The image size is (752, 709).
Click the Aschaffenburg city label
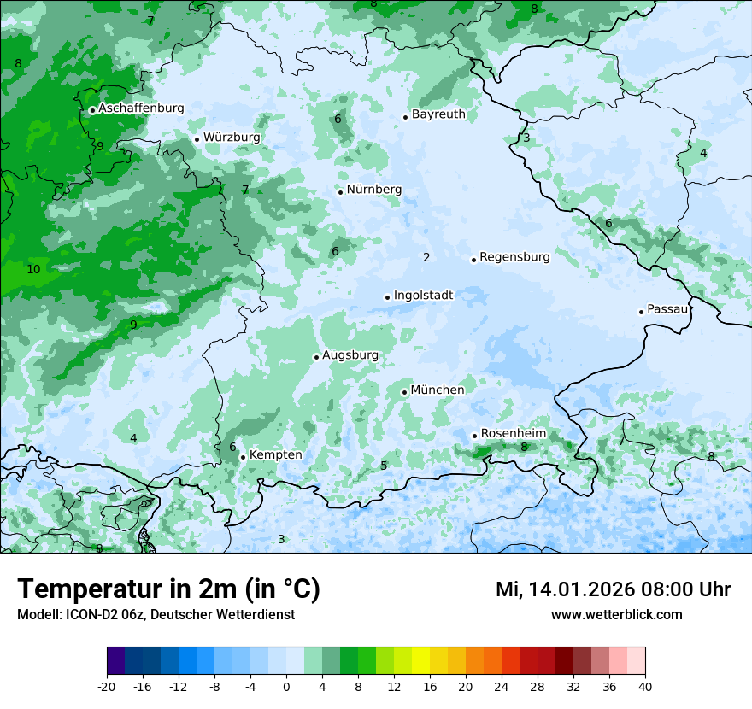pos(141,108)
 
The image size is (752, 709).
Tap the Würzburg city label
pos(232,138)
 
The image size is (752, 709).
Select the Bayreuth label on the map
pos(438,114)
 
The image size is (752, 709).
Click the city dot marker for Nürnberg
pos(340,192)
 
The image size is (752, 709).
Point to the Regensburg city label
pos(514,257)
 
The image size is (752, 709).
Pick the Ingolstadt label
pos(423,296)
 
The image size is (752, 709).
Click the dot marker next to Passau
pos(641,312)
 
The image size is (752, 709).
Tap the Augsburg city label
pos(350,355)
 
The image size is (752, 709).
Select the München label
pos(438,390)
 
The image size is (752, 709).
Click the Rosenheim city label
pos(513,434)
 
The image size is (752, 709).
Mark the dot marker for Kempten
pos(243,457)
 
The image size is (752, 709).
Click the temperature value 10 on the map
pos(33,269)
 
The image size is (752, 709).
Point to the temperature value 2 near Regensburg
pos(426,257)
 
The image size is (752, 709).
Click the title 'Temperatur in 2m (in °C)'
pos(168,589)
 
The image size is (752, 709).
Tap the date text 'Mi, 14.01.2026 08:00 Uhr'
pos(613,589)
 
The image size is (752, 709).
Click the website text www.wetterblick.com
pos(616,615)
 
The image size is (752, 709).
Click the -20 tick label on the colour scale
pos(107,687)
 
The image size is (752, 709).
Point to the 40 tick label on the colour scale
pos(645,687)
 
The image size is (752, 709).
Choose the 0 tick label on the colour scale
pos(286,687)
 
